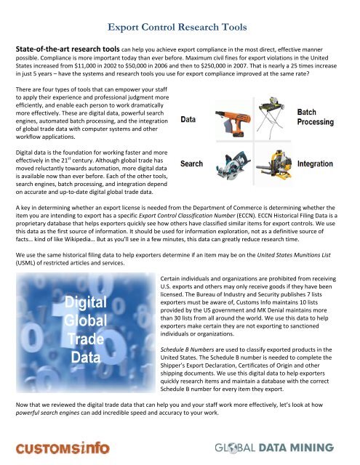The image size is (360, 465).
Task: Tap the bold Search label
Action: coord(192,164)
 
